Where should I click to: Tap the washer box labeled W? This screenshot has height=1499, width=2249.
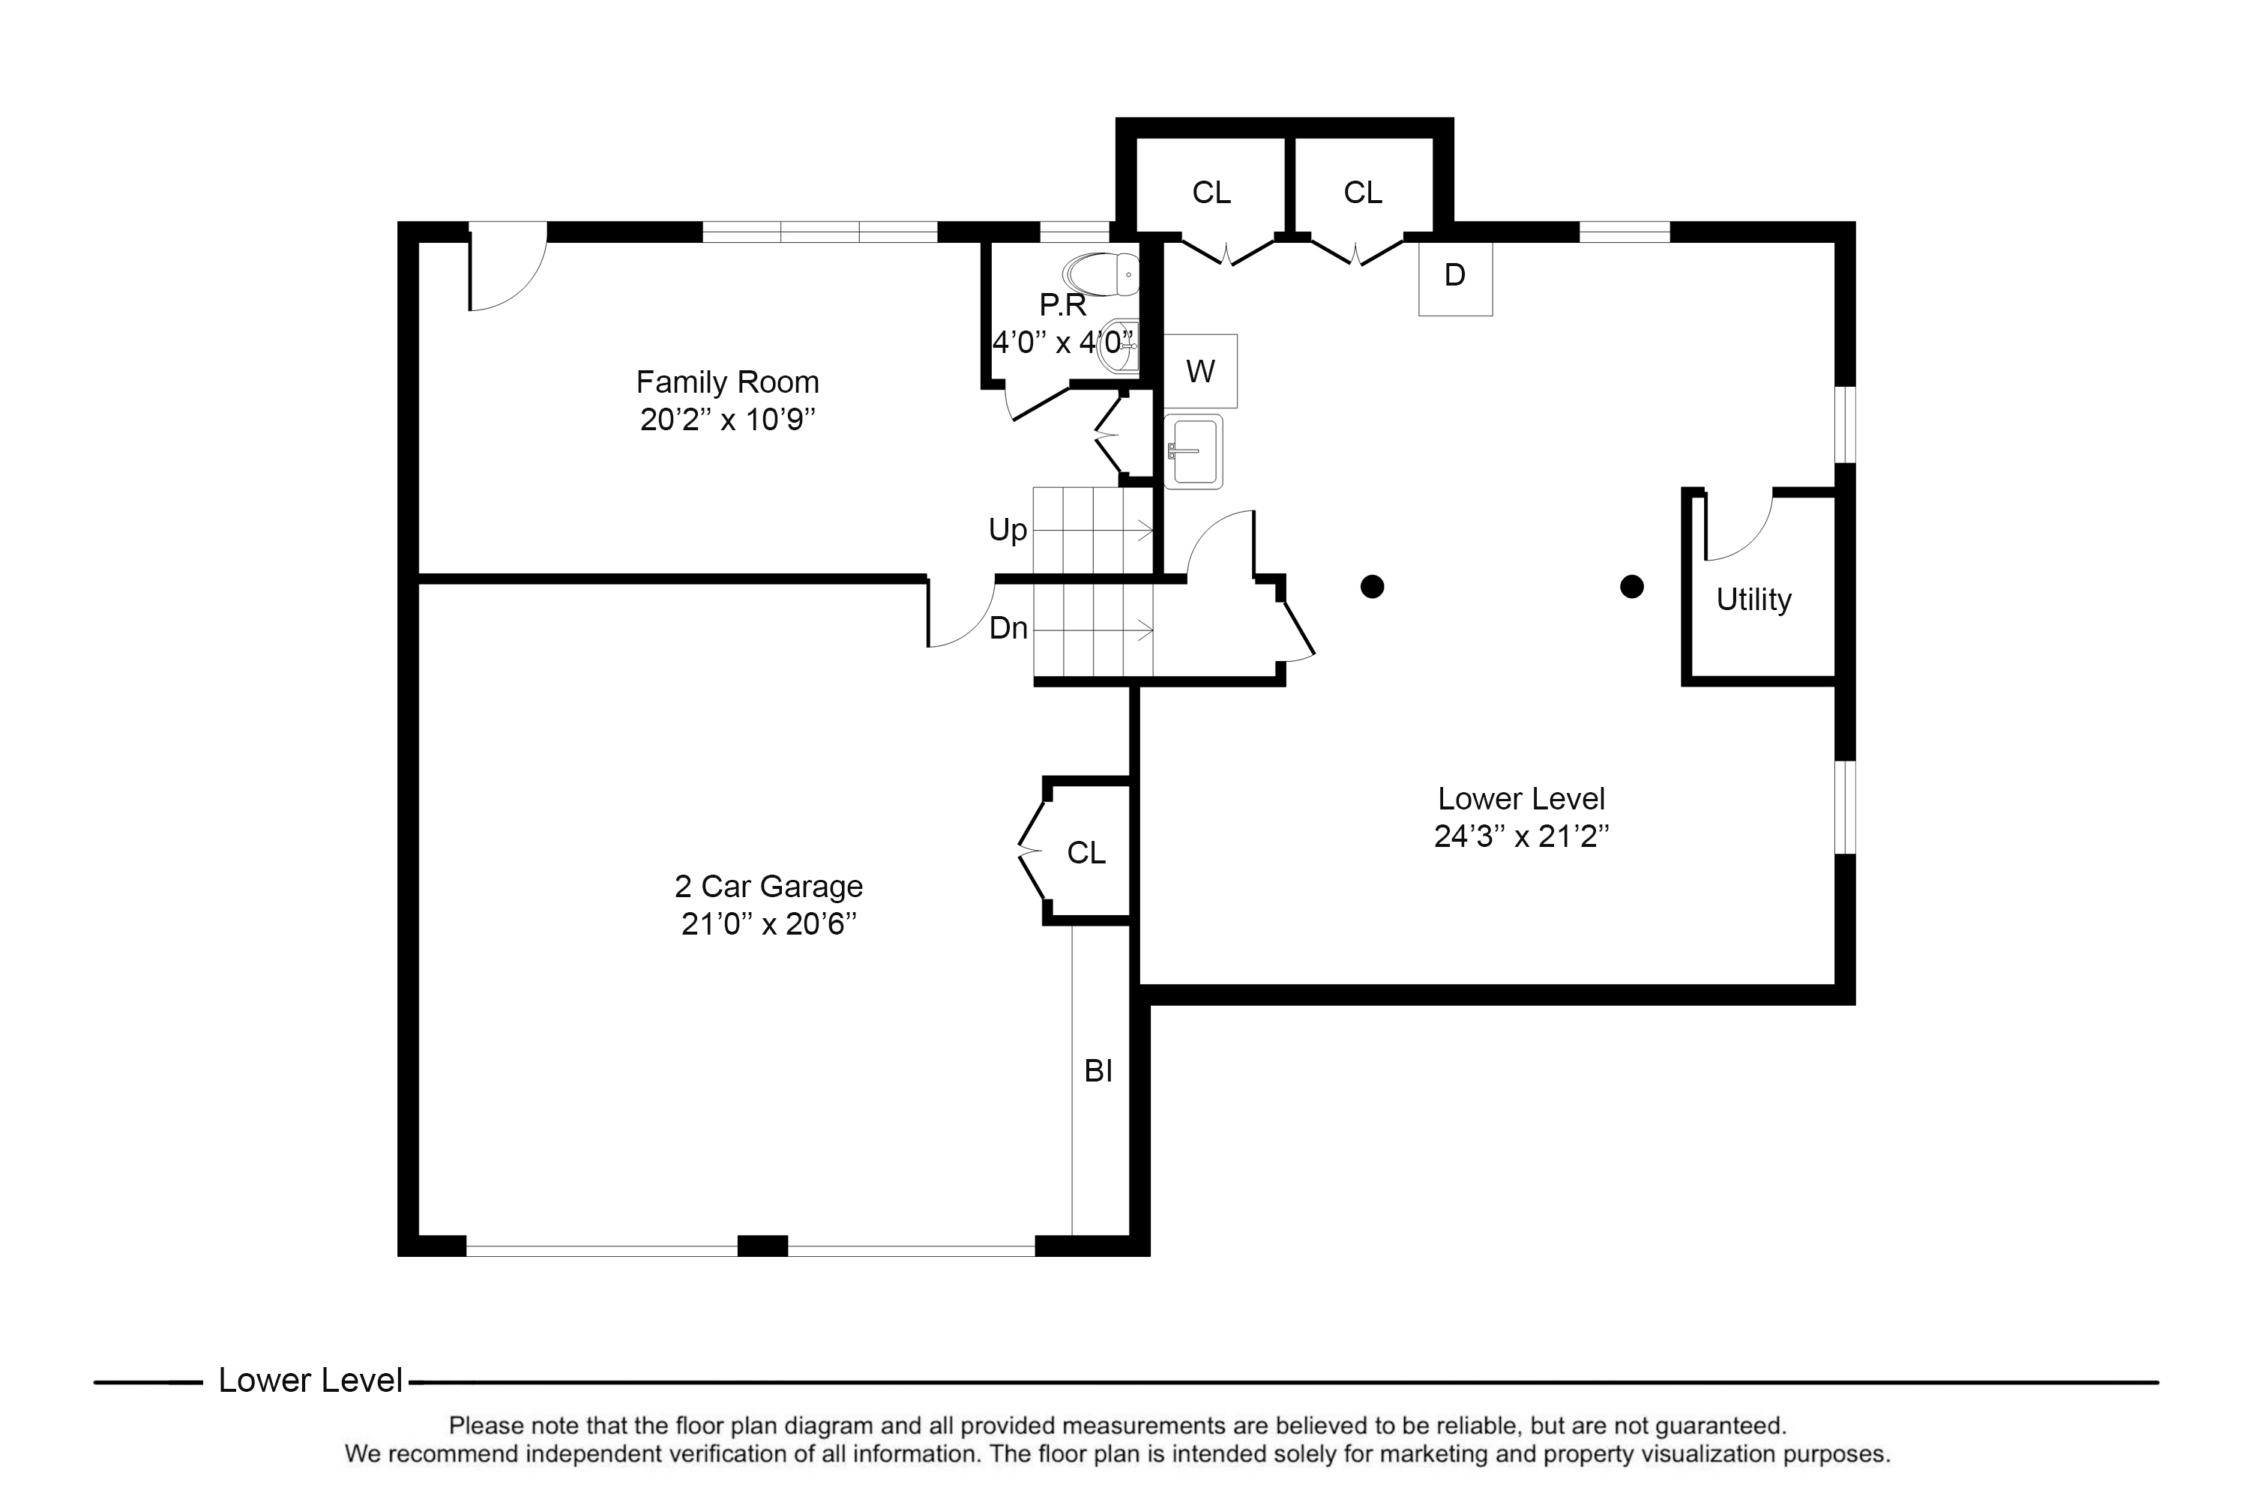click(x=1200, y=371)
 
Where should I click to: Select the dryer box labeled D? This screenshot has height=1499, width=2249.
click(x=1454, y=277)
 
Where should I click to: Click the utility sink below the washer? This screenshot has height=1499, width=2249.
click(x=1193, y=451)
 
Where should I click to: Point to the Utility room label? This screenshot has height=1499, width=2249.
click(x=1753, y=600)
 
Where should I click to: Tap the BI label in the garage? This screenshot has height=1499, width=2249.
click(x=1098, y=1071)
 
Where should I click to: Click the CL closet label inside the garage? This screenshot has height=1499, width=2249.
click(x=1086, y=851)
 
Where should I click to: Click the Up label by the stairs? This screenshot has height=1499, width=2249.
click(x=1007, y=530)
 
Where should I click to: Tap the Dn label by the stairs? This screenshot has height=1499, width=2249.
click(x=1008, y=628)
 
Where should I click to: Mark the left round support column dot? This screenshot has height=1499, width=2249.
click(x=1371, y=587)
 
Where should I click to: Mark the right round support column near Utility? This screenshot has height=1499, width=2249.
click(x=1631, y=587)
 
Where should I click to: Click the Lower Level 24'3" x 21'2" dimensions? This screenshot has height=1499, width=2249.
click(x=1520, y=836)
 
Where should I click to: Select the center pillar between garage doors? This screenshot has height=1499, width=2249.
click(x=762, y=1246)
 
